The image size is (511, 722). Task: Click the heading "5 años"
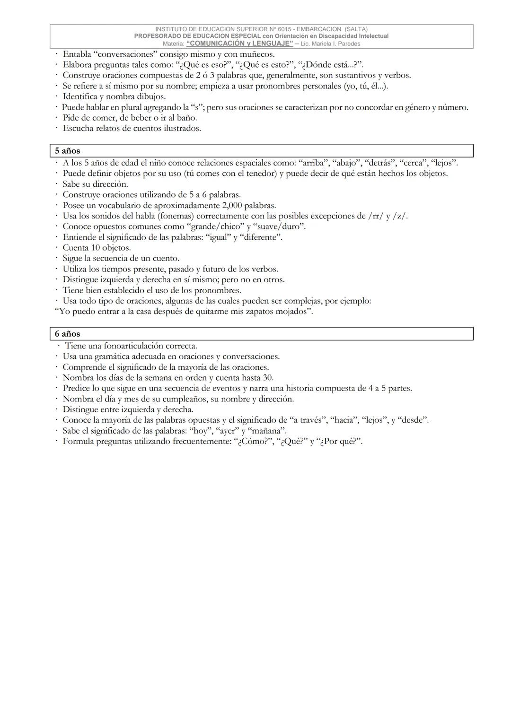click(x=67, y=151)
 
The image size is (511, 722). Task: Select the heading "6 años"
click(x=67, y=334)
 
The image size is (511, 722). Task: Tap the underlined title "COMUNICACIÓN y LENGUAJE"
click(x=240, y=43)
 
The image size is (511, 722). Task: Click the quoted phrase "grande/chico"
click(x=215, y=226)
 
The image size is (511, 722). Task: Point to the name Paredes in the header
click(x=349, y=43)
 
